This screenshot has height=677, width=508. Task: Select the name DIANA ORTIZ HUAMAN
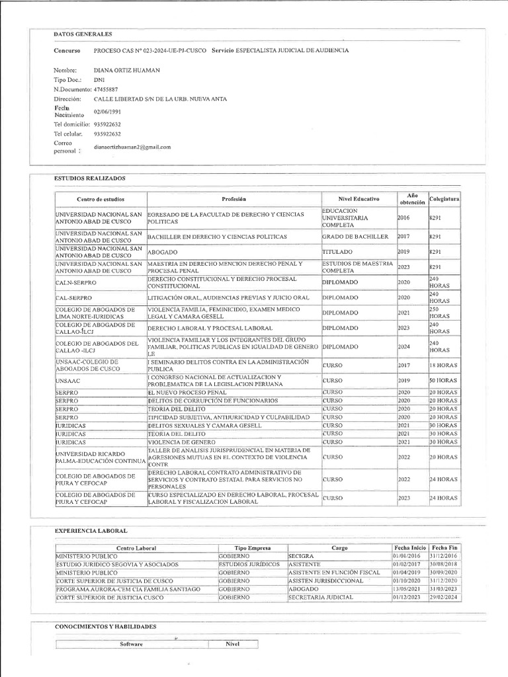coord(127,70)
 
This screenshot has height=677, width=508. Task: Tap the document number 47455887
coord(106,89)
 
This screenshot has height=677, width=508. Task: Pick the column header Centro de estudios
coord(100,199)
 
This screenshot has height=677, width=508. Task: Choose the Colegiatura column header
coord(444,199)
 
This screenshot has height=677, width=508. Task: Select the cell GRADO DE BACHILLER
coord(355,236)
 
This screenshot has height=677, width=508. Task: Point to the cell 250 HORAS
coord(439,313)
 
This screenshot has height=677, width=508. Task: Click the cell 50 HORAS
coord(443,381)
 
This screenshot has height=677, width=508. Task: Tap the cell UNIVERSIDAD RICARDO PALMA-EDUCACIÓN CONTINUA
coord(100,457)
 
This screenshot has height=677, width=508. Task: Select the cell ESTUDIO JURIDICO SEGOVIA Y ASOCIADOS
coord(117,564)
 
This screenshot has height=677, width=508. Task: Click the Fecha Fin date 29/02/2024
coord(444,597)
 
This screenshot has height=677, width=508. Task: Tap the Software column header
coord(131,644)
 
